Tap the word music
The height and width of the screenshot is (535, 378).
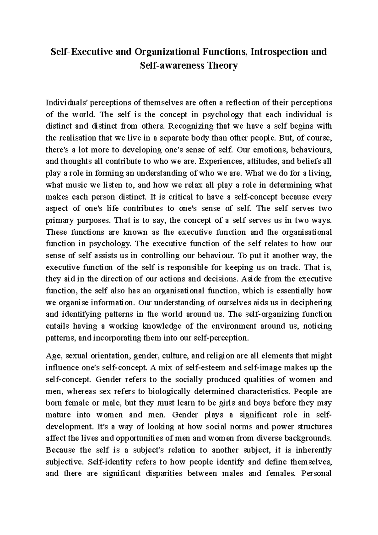click(75, 185)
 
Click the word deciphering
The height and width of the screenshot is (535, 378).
click(311, 303)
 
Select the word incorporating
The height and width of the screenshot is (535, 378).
click(117, 338)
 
